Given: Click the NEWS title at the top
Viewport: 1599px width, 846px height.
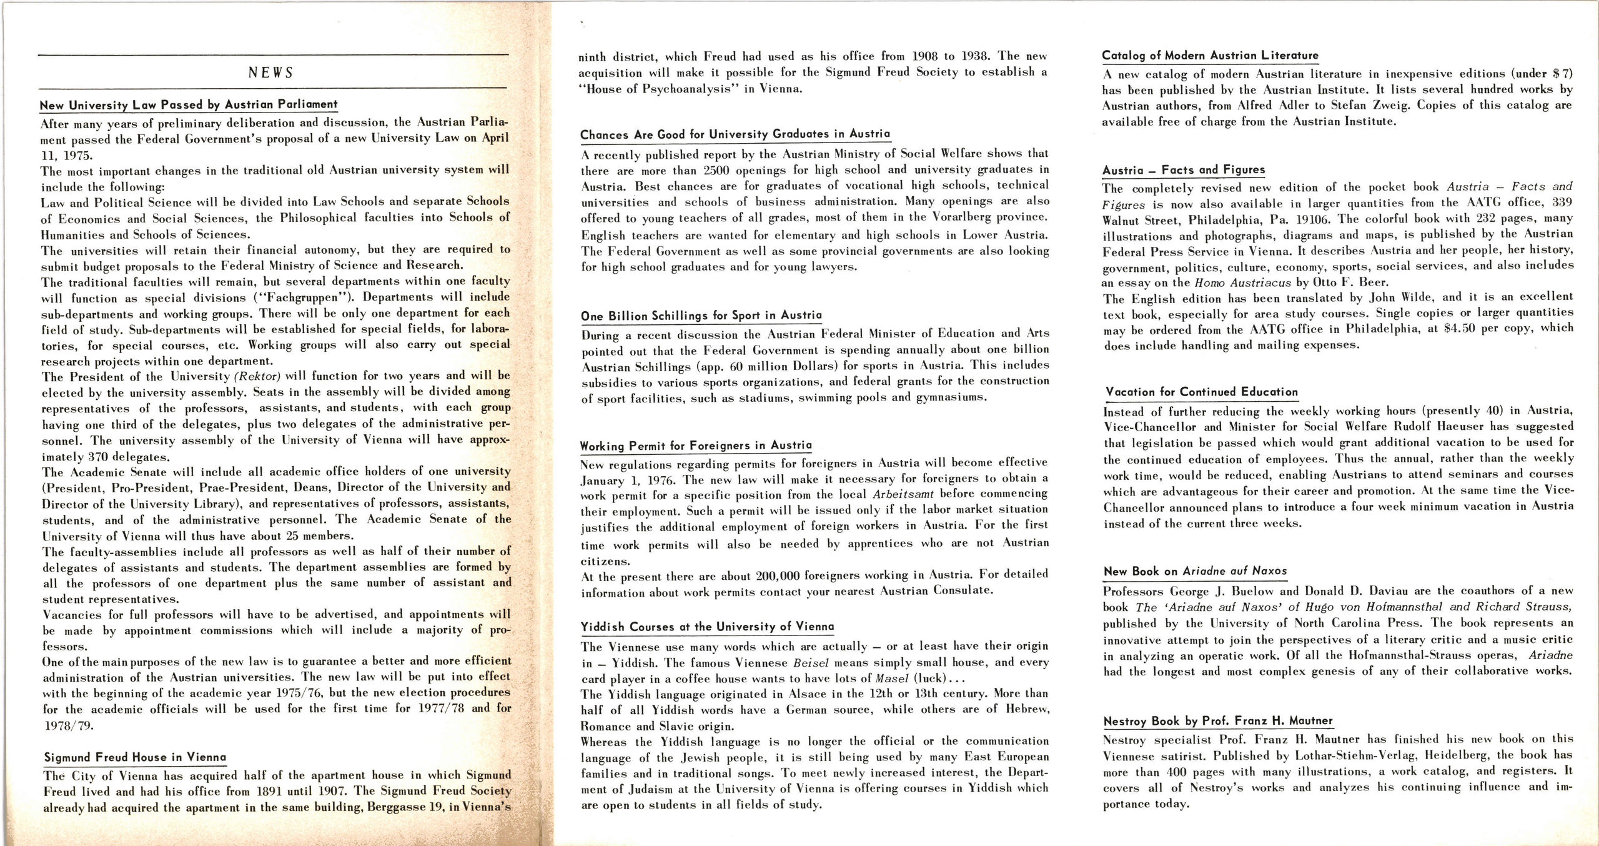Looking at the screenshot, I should [270, 72].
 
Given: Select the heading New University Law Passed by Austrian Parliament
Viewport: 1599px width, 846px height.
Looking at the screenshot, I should [188, 105].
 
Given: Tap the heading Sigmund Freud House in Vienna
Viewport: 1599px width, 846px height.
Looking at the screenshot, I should [134, 757].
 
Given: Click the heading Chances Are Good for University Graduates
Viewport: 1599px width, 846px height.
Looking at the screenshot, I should [735, 134].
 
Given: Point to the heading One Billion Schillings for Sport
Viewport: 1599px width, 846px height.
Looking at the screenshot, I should [701, 316].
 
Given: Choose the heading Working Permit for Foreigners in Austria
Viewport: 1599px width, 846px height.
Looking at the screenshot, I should [695, 445].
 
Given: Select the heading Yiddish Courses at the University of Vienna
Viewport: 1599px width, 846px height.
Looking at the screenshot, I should [706, 626].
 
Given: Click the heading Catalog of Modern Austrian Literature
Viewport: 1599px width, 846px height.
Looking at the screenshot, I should [1209, 55].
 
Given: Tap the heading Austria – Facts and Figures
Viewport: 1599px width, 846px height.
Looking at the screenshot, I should [1183, 170].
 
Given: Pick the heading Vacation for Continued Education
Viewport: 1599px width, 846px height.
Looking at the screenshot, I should [1201, 392].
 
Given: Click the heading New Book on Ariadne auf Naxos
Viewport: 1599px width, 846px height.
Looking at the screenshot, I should [1194, 571].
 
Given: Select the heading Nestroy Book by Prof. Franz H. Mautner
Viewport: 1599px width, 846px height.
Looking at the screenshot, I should [1217, 721].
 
